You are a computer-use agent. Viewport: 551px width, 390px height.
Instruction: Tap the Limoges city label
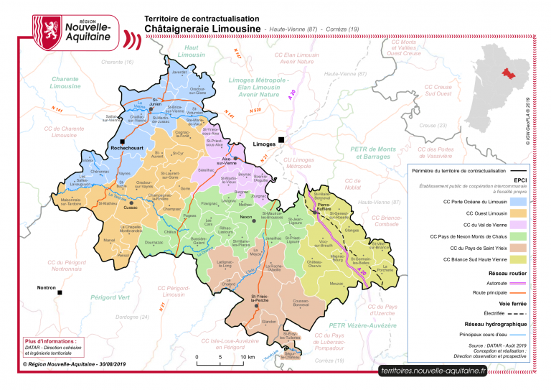265,144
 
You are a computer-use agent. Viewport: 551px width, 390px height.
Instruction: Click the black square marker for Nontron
61,293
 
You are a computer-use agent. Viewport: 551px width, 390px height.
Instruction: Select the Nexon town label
246,216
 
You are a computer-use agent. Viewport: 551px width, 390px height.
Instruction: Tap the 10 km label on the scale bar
248,357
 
